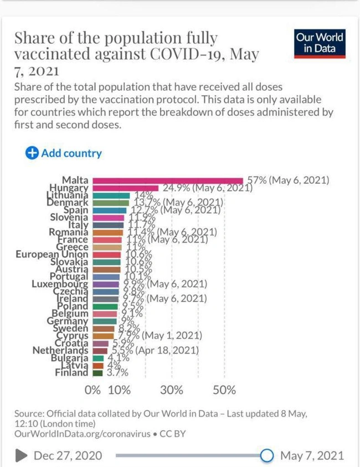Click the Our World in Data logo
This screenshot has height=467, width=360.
coord(320,43)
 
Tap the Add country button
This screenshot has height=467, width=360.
coord(64,153)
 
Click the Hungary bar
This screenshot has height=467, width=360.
coord(125,188)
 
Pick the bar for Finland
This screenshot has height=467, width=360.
coord(97,373)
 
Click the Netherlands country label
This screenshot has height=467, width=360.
coord(60,351)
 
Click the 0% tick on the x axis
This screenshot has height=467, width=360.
coord(93,390)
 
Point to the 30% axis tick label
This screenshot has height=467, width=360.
coord(172,390)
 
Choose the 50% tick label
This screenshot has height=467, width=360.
coord(224,390)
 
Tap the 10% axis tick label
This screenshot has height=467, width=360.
coord(119,390)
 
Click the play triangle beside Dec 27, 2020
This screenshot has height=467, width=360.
coord(22,455)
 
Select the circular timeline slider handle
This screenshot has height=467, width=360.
coord(267,455)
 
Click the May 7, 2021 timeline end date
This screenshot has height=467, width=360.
coord(312,455)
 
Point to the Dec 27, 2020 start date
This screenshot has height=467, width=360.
coord(68,455)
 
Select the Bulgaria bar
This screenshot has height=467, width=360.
coord(98,358)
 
